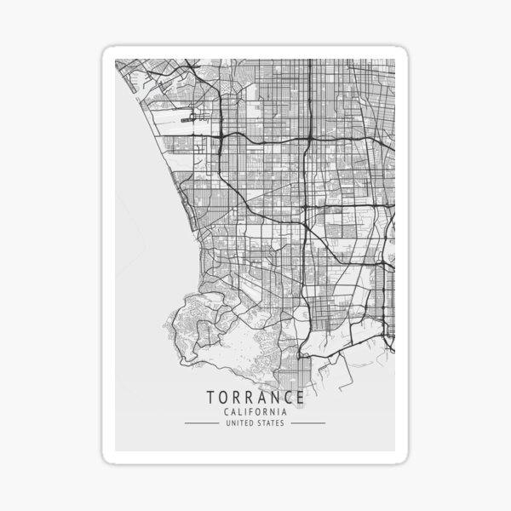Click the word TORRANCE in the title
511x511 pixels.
[255, 398]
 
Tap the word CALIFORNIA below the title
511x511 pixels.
[255, 412]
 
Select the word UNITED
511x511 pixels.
[240, 422]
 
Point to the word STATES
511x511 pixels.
[271, 422]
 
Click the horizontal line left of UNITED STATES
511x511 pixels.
[202, 422]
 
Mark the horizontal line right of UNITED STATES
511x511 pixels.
[307, 422]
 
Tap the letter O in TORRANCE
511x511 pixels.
[223, 398]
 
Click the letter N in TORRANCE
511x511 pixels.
[273, 398]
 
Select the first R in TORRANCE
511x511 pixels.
[236, 398]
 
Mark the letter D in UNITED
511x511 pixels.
[253, 422]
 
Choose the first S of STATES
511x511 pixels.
[261, 422]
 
